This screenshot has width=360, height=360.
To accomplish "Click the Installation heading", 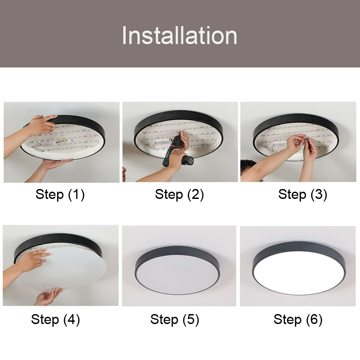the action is tap(179, 36).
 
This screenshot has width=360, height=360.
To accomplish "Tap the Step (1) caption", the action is tap(60, 194).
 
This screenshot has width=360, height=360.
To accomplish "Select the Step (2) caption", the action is tap(179, 194).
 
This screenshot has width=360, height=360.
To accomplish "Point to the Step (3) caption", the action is tap(302, 194).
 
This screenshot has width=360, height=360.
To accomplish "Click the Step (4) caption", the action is tap(55, 319).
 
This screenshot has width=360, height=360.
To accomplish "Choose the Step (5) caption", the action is tap(175, 319).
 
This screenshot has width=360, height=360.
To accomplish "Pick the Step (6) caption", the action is tap(298, 319).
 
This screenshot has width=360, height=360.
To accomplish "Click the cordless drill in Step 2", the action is tap(177, 152).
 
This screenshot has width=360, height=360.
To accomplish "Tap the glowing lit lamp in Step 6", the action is tap(299, 268).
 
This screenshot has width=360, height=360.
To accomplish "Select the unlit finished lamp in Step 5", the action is tap(177, 270).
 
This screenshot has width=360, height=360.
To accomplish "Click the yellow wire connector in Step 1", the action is tap(62, 141).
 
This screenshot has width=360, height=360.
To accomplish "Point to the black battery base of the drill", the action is tap(188, 160).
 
